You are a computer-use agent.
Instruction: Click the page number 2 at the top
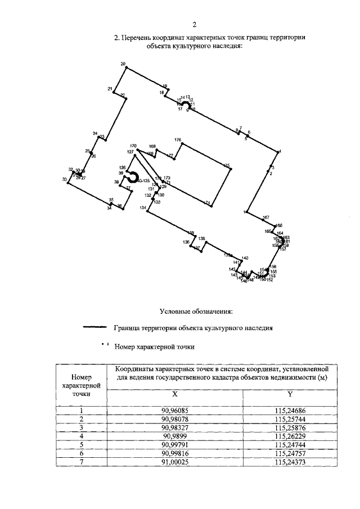(193, 24)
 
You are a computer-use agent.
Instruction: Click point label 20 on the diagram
(123, 64)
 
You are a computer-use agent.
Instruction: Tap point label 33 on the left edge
(65, 179)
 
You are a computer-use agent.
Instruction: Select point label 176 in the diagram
(178, 139)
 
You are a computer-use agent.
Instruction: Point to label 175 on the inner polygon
(226, 165)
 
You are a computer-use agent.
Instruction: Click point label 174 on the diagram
(207, 202)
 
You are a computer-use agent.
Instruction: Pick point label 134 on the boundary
(143, 208)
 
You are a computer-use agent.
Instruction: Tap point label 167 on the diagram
(266, 217)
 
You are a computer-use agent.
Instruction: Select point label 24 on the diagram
(95, 133)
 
